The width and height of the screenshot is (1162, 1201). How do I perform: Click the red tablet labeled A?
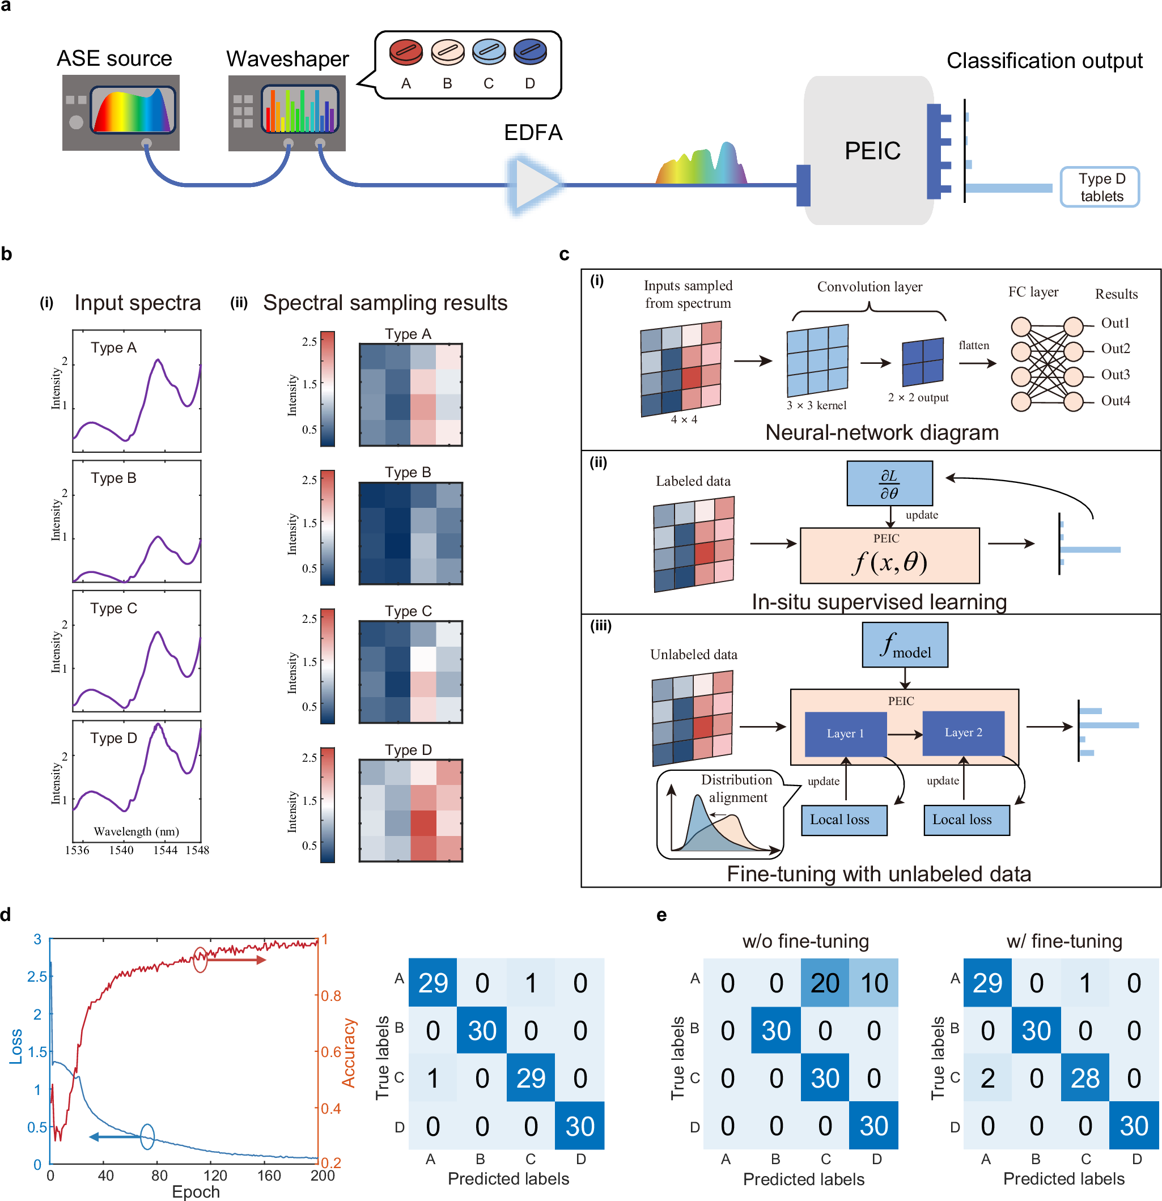(x=406, y=52)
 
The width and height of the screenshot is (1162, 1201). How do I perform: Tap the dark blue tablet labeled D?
(x=530, y=52)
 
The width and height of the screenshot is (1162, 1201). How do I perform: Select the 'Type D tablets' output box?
(x=1100, y=188)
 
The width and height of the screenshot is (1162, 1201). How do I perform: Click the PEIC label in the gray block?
(x=872, y=151)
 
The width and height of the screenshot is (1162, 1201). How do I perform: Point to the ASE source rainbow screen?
(x=133, y=111)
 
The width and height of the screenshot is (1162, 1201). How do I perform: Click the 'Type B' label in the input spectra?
(x=113, y=478)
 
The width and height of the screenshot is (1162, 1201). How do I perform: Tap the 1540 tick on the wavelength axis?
(x=121, y=850)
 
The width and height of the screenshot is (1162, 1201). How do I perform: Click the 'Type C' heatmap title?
(x=408, y=611)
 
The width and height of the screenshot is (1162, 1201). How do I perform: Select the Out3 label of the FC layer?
(x=1115, y=375)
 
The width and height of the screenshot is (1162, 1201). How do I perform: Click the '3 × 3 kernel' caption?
(x=816, y=405)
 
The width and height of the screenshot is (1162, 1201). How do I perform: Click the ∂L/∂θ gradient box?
(x=889, y=483)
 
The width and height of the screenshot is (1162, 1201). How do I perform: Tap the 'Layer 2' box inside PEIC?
(x=963, y=733)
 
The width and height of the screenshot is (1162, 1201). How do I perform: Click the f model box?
(x=905, y=644)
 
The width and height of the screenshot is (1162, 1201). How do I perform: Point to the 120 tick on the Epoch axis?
(x=215, y=1175)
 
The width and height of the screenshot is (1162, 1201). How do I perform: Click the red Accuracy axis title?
(x=348, y=1053)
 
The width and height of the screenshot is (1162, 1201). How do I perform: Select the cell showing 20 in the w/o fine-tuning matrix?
(x=824, y=983)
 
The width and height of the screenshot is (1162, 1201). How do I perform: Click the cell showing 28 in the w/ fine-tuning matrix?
(x=1084, y=1078)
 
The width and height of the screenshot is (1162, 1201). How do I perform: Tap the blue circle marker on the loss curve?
(x=147, y=1136)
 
